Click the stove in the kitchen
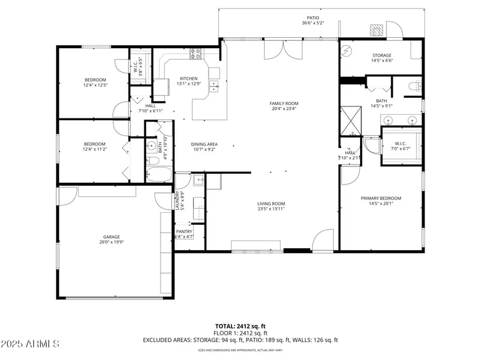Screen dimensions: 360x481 click(195, 53)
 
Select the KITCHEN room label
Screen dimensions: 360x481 click(189, 79)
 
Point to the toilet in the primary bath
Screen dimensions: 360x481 click(414, 88)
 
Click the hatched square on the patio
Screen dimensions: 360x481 click(376, 30)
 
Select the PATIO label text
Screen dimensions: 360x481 click(313, 18)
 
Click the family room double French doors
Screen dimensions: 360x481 click(280, 51)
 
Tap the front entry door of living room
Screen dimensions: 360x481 click(323, 240)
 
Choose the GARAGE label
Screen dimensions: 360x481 click(111, 237)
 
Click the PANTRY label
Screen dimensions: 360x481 click(184, 231)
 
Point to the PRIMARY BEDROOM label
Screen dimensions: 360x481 click(381, 198)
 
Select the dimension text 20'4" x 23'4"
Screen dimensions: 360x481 click(284, 109)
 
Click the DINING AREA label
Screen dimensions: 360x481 click(204, 144)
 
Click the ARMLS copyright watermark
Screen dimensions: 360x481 click(30, 344)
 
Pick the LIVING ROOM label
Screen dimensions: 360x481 click(271, 204)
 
